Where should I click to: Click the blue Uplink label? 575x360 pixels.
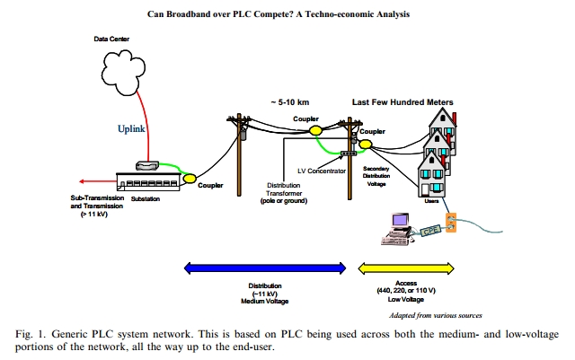coord(131,129)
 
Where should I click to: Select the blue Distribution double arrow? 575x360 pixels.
coord(264,267)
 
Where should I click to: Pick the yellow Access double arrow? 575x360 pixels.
coord(406,267)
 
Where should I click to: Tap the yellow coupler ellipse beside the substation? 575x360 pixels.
coord(190,178)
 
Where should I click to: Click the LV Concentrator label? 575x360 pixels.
coord(321,171)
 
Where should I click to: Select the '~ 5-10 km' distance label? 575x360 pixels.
coord(291,101)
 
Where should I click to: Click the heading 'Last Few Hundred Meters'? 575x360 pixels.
coord(402,101)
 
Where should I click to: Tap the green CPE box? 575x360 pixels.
coord(431,231)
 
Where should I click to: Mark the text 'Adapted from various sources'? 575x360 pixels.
coord(434,316)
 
